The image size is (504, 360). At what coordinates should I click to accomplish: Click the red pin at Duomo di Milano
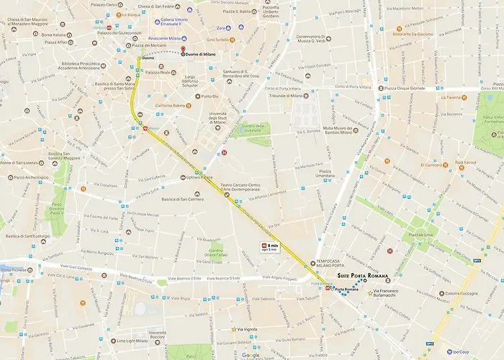coord(183,50)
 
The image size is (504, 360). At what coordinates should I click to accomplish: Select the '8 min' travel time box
coord(271,248)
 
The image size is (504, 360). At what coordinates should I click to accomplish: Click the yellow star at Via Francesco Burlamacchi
coord(371,294)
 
